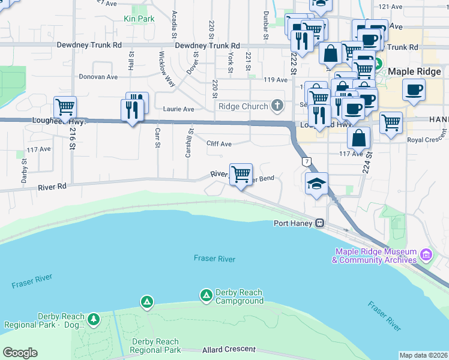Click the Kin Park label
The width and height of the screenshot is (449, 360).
click(139, 19)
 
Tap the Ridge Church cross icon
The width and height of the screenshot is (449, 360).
click(277, 106)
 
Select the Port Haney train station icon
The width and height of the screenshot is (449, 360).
click(321, 223)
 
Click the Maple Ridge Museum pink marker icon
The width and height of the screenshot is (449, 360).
click(426, 256)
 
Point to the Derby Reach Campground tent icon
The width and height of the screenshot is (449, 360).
click(206, 295)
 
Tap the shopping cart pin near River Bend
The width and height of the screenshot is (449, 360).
click(241, 175)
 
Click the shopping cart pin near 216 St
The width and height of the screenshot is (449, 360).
click(65, 108)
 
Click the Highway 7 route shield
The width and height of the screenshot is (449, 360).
click(307, 162)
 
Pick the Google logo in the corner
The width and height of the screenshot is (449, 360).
click(20, 353)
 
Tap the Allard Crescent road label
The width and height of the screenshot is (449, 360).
click(229, 349)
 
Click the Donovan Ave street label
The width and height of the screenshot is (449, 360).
click(98, 77)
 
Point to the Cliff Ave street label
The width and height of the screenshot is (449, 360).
click(218, 144)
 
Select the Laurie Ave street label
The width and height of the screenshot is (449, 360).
click(179, 109)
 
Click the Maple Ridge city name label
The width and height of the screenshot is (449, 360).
click(414, 71)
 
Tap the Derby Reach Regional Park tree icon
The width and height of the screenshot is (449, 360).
click(93, 320)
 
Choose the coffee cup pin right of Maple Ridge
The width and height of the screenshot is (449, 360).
click(414, 91)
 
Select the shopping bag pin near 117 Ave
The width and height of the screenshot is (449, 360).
click(358, 137)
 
